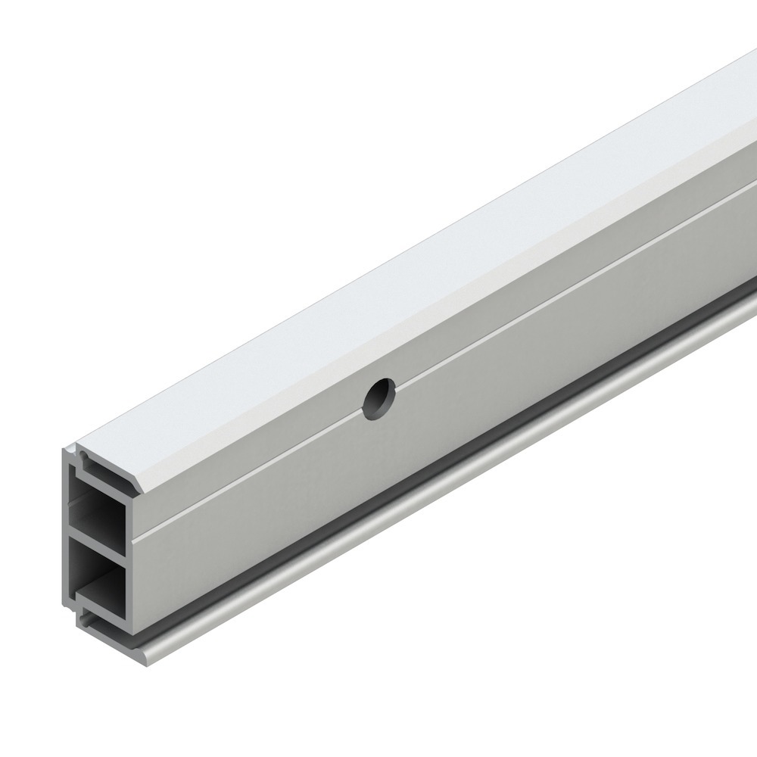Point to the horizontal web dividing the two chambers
pyautogui.click(x=98, y=534)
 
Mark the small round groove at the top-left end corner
pyautogui.click(x=83, y=456)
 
